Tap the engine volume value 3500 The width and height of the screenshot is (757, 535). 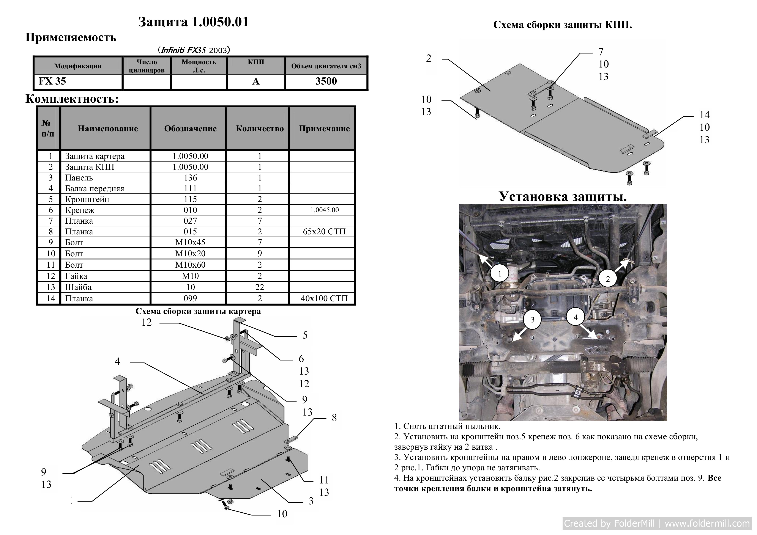point(326,81)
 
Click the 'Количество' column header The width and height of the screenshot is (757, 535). point(260,129)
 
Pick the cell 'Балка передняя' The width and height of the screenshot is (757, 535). point(95,188)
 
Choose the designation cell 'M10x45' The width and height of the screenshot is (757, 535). point(190,242)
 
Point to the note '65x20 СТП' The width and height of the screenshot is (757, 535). point(324,232)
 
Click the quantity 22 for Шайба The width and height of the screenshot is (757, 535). point(260,287)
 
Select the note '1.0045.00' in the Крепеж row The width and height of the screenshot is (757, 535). point(324,210)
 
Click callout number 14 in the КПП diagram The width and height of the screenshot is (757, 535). point(705,115)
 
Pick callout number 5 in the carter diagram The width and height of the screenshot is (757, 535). point(305,335)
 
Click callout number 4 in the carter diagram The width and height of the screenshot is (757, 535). point(117,362)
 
